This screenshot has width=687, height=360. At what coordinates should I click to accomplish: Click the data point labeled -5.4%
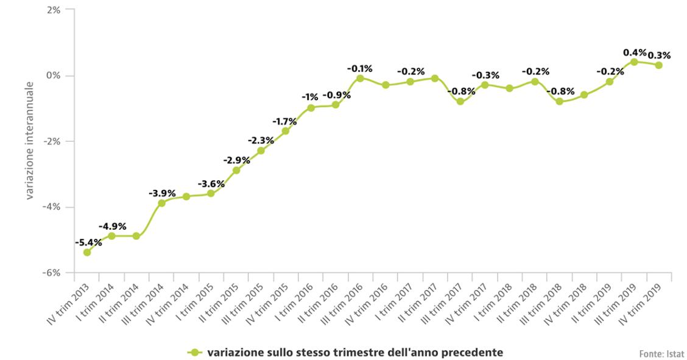[87, 252]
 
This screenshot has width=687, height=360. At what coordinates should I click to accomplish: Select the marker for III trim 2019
[634, 62]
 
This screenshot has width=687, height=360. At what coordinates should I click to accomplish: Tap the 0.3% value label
[659, 55]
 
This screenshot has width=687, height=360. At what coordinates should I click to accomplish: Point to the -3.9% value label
[162, 193]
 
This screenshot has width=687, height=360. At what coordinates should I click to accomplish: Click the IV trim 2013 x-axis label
[70, 303]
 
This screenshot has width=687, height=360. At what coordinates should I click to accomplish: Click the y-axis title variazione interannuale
[30, 141]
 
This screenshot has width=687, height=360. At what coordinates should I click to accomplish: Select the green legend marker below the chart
[194, 352]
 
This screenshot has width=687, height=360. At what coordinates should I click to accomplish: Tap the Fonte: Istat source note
[661, 353]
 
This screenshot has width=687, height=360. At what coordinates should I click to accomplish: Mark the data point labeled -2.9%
[236, 170]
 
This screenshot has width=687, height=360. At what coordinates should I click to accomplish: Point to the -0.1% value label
[360, 69]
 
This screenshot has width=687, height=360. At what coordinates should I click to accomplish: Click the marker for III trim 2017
[460, 102]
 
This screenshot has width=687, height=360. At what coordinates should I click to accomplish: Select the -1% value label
[311, 97]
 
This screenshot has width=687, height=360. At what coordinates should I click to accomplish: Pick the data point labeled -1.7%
[286, 130]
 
